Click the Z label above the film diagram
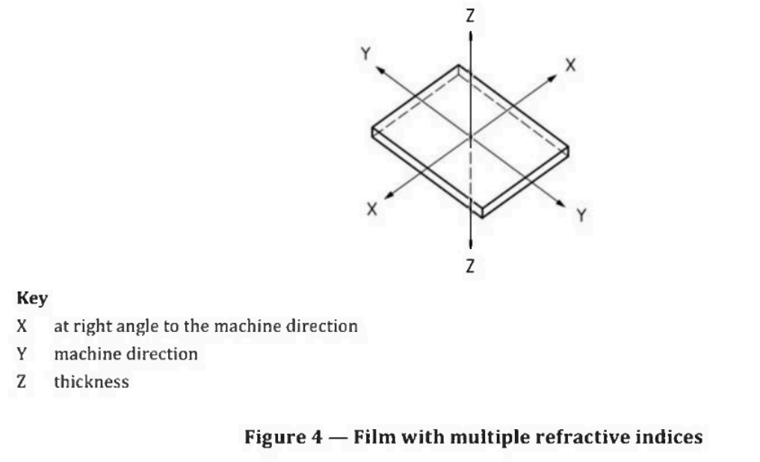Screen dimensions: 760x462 (x=469, y=16)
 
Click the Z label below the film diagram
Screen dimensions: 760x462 (x=469, y=265)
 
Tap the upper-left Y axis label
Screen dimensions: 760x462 (x=366, y=53)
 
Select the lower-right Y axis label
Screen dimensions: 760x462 (x=581, y=215)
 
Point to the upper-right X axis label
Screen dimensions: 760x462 (x=570, y=65)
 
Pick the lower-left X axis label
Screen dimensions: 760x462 (x=371, y=209)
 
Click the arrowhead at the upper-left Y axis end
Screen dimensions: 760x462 (x=381, y=70)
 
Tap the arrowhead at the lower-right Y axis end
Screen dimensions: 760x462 (x=560, y=203)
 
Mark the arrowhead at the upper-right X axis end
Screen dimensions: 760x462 (x=552, y=78)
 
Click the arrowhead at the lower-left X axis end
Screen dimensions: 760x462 (x=389, y=195)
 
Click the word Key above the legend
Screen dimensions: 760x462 (x=32, y=298)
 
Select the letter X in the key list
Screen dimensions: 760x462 (x=22, y=326)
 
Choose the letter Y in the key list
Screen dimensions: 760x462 (x=22, y=354)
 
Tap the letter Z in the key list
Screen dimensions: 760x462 (x=22, y=381)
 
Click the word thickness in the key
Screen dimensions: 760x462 (x=92, y=381)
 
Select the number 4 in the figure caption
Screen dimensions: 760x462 (x=316, y=437)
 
